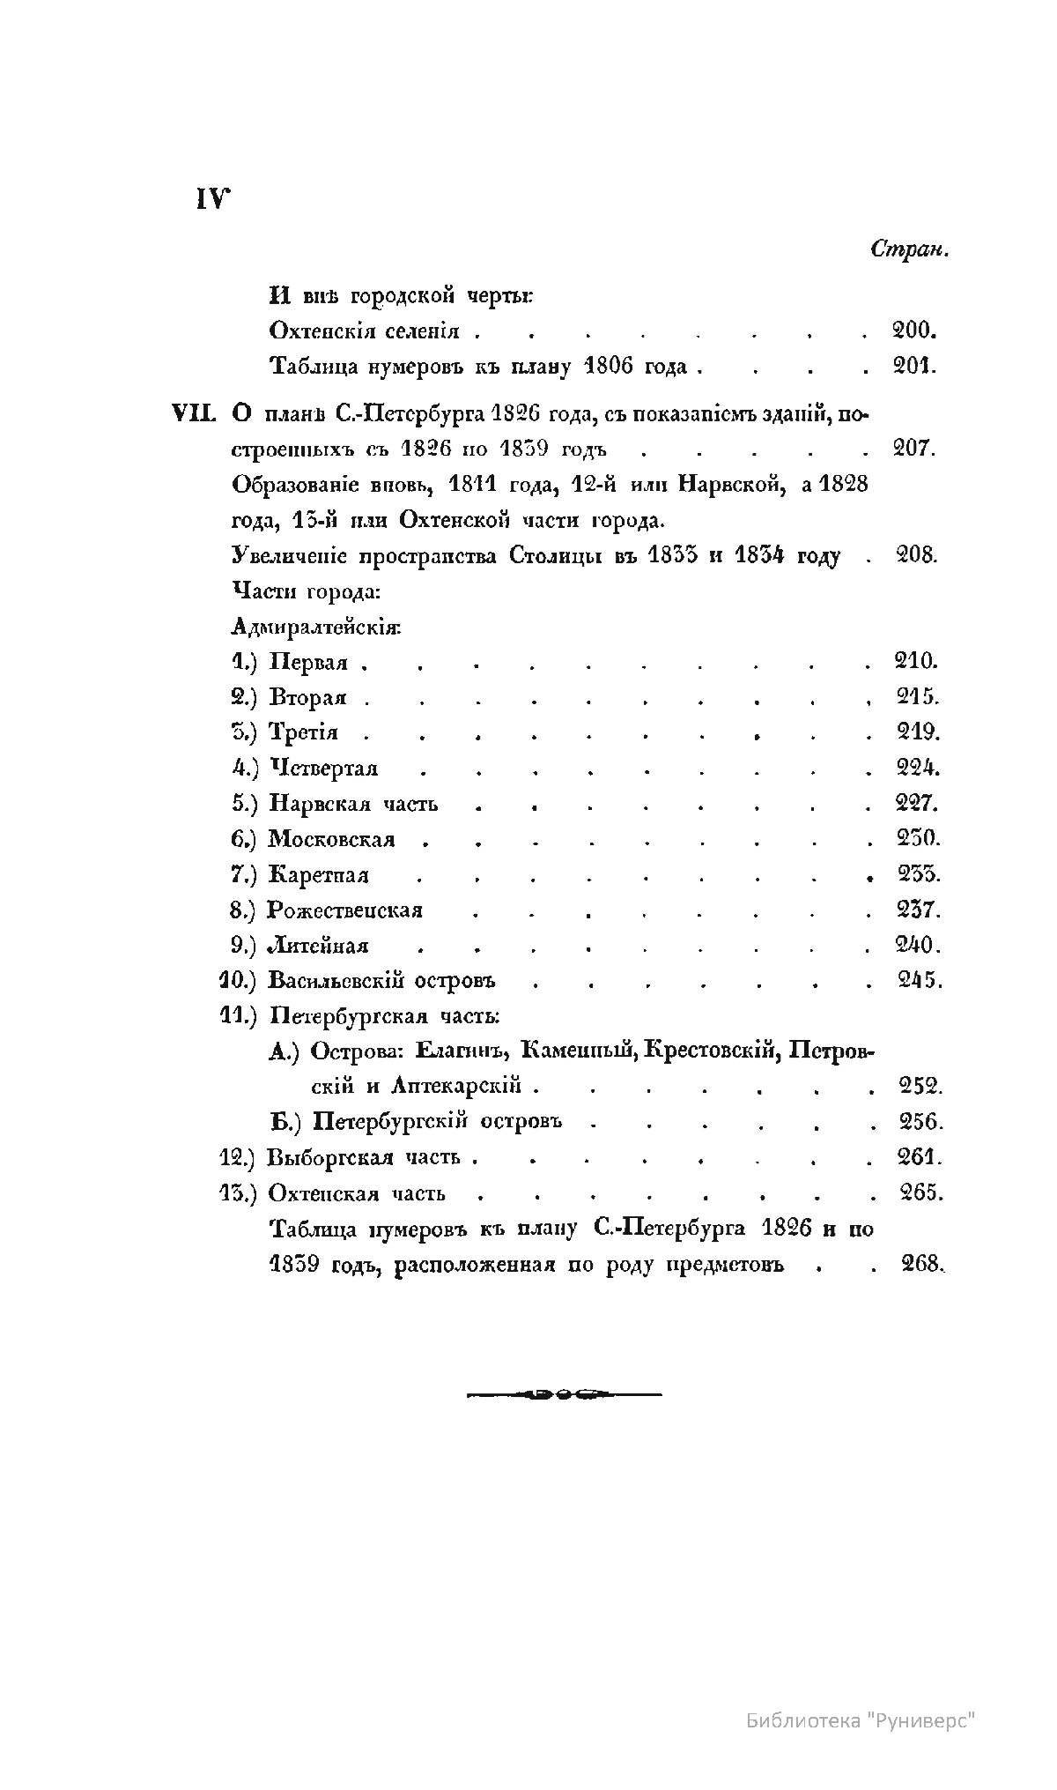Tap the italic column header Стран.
[x=909, y=249]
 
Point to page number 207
[x=913, y=448]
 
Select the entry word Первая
[x=308, y=663]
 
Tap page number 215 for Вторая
[x=917, y=697]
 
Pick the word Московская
[x=331, y=839]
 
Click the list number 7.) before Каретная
[x=243, y=875]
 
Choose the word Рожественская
[x=345, y=910]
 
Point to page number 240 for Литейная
[x=919, y=946]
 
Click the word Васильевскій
[x=336, y=981]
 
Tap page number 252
[x=920, y=1087]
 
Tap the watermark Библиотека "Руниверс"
[x=861, y=1719]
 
